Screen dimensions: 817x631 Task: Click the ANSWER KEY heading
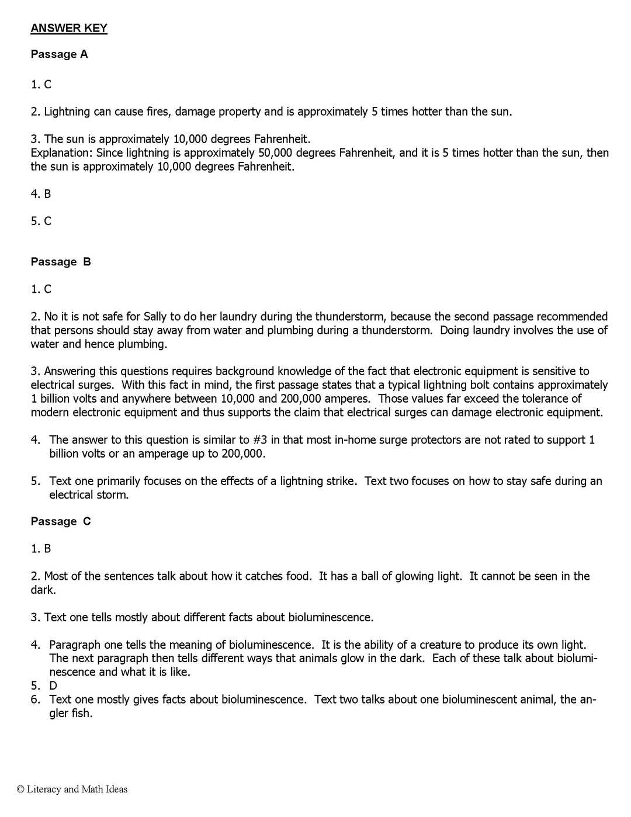point(69,28)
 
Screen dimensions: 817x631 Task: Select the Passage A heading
point(59,54)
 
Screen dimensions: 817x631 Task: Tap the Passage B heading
point(61,262)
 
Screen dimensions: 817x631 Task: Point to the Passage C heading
point(61,521)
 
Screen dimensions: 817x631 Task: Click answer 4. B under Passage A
point(41,193)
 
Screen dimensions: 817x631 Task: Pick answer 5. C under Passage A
point(41,221)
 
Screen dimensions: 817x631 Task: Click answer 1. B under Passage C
point(41,548)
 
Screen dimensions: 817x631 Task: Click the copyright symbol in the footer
point(20,790)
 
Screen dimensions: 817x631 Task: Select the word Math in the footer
point(92,790)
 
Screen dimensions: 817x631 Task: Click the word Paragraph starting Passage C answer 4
point(75,645)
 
